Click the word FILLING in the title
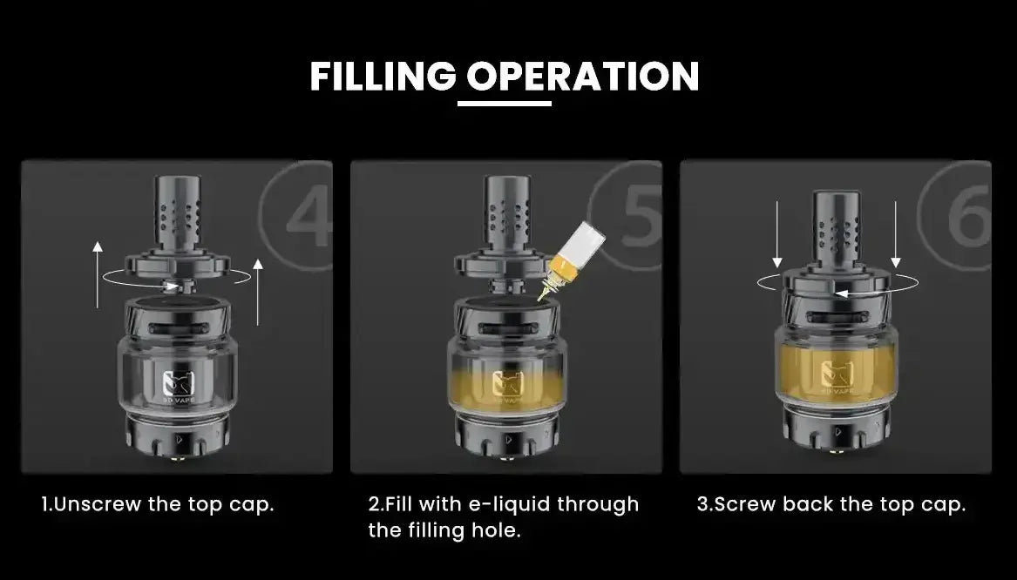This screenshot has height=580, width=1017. [x=383, y=77]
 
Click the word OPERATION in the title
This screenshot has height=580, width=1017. [x=582, y=77]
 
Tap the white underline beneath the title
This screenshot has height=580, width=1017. [x=505, y=105]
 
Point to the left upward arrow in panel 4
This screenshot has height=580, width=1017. [x=97, y=274]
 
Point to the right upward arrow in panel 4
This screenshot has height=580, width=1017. [x=256, y=291]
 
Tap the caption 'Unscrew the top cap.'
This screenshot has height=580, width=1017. [x=158, y=504]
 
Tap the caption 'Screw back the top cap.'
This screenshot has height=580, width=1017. [x=831, y=504]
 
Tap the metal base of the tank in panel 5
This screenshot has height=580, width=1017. [x=506, y=435]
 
